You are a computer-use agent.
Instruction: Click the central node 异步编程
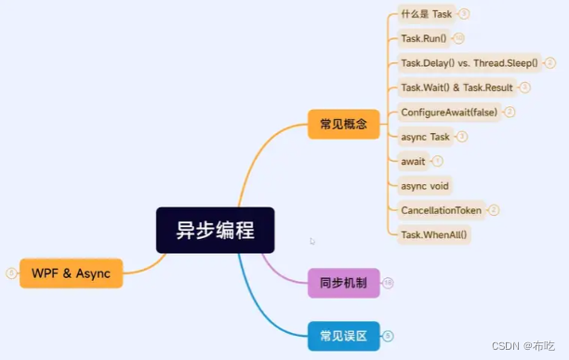215,230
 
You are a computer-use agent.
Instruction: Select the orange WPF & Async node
71,273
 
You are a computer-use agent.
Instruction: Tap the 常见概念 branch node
343,124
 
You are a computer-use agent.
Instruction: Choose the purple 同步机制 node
344,282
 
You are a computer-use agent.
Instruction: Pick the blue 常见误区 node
344,335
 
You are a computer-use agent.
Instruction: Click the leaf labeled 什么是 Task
426,14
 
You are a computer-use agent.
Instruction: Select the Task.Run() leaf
423,38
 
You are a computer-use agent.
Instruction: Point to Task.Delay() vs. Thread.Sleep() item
469,63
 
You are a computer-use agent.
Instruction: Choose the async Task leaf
425,137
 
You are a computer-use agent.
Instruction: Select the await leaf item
412,161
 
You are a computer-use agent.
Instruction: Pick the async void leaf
425,186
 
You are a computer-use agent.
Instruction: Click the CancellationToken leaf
441,210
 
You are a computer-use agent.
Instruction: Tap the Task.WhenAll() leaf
434,234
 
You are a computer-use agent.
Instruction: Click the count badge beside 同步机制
388,282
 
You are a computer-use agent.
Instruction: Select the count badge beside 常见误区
388,335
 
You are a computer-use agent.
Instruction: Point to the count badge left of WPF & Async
11,273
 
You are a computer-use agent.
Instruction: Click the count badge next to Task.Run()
458,38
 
